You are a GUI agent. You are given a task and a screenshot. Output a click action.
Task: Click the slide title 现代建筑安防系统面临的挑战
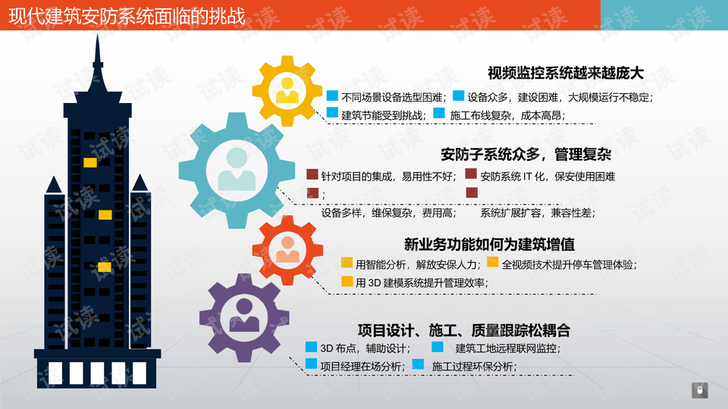127,16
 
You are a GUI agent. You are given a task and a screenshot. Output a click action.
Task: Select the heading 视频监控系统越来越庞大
566,73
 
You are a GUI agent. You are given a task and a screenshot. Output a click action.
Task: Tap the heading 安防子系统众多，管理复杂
526,154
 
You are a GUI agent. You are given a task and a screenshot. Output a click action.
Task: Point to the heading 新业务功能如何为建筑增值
489,244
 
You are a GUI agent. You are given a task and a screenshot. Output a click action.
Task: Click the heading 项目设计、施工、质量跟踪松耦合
464,330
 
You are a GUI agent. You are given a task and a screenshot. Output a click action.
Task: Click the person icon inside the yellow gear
287,90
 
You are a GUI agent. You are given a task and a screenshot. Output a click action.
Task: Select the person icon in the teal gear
237,169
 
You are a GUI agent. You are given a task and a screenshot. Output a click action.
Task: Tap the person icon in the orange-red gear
287,249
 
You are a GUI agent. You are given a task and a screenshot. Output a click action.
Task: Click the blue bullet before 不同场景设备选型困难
332,95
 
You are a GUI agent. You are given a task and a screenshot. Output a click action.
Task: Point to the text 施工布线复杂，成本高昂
507,115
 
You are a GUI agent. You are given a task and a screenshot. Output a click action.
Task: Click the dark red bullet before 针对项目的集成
312,174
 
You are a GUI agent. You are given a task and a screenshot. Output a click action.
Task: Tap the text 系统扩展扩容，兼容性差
538,213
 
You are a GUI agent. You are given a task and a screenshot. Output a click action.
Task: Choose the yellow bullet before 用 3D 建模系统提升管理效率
347,281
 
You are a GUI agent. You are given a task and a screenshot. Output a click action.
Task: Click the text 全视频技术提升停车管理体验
570,265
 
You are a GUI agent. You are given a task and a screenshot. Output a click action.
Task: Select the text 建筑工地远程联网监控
508,348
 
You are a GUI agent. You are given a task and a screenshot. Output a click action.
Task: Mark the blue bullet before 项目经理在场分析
311,364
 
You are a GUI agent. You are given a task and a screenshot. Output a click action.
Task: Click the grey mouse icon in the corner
700,390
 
